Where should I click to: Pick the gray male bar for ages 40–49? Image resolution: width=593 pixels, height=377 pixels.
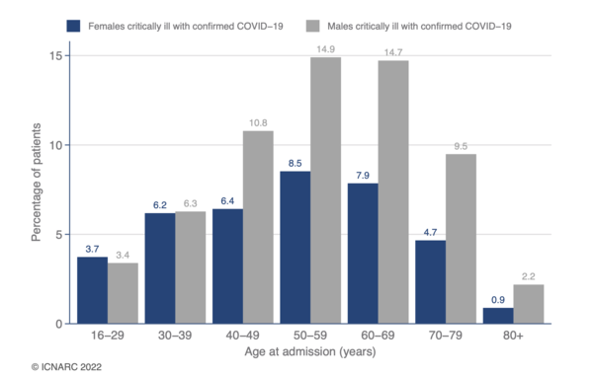(x=257, y=227)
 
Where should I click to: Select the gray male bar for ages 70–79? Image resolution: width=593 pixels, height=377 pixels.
(x=462, y=239)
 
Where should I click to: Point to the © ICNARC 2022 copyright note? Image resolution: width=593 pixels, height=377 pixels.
(x=66, y=366)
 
